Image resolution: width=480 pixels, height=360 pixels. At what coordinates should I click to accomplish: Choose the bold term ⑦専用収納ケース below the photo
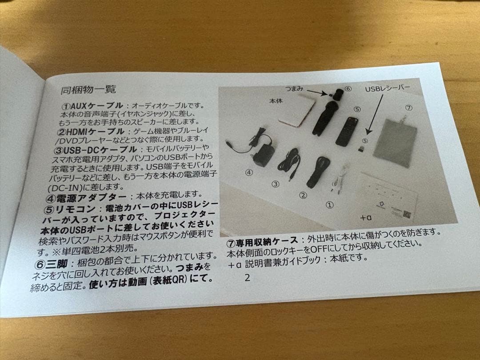[x=262, y=243]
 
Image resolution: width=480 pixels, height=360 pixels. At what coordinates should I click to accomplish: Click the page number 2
[x=247, y=278]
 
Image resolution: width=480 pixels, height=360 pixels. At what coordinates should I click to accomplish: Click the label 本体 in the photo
[x=276, y=101]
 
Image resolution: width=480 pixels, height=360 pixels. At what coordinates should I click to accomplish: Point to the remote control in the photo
[x=346, y=132]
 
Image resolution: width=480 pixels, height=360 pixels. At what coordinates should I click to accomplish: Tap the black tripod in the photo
[x=325, y=116]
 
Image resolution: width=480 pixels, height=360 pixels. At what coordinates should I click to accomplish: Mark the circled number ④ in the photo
[x=249, y=172]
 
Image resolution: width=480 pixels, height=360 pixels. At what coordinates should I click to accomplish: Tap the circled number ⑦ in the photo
[x=409, y=108]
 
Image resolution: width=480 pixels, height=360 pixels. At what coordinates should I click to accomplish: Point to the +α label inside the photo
[x=365, y=218]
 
